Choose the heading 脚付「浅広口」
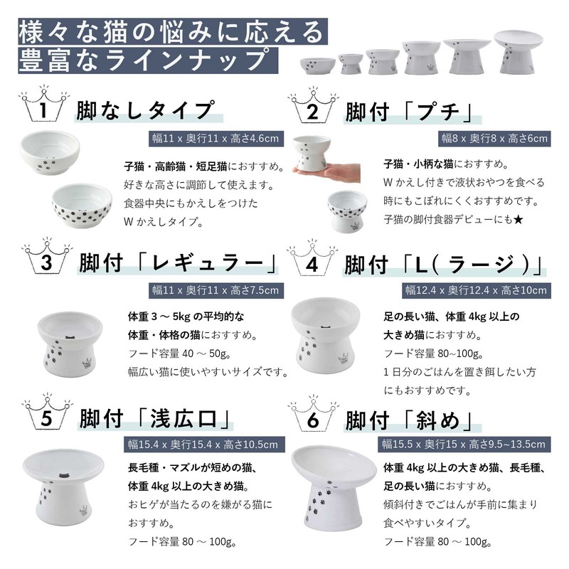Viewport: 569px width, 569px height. pyautogui.click(x=154, y=420)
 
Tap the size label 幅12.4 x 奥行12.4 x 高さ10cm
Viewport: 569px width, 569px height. pyautogui.click(x=476, y=290)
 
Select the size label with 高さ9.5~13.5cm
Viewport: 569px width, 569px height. pyautogui.click(x=465, y=445)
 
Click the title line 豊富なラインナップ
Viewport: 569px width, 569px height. pyautogui.click(x=147, y=59)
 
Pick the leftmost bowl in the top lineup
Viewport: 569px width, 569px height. pyautogui.click(x=318, y=63)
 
